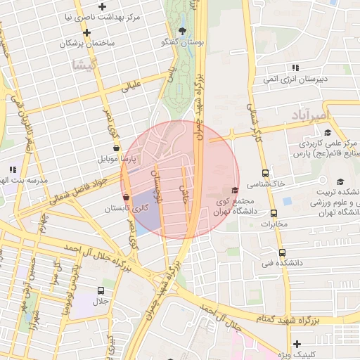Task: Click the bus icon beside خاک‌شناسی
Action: pos(265,173)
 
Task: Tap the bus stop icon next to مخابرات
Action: pos(274,214)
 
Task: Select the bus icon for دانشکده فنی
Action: pos(282,253)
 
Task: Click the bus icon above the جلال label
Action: pos(101,290)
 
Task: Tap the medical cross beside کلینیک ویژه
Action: pos(297,345)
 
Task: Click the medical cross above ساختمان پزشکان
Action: pos(86,33)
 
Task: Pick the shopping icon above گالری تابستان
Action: pos(126,197)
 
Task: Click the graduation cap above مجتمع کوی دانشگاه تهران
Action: pos(235,190)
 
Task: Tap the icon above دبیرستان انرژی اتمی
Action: pos(295,67)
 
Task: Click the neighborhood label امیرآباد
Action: pos(309,114)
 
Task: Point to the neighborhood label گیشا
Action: pos(82,65)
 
